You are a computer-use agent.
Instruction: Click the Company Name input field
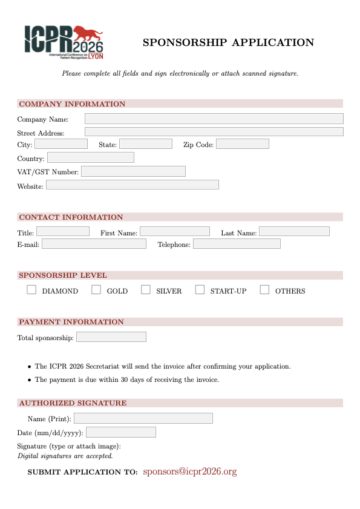(214, 119)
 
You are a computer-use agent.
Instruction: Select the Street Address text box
(214, 131)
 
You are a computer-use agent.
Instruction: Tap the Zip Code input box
(242, 144)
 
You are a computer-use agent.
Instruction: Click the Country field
(90, 157)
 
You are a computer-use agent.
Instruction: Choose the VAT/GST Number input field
(133, 171)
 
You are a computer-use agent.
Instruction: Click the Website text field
(132, 185)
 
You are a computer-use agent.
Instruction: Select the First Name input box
(175, 231)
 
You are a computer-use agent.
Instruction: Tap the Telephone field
(237, 243)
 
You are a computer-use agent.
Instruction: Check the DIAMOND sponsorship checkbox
(31, 290)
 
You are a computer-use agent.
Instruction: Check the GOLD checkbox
(96, 290)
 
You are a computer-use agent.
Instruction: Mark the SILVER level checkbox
(146, 290)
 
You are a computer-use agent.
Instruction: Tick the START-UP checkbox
(200, 290)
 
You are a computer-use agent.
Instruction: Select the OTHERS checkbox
(264, 290)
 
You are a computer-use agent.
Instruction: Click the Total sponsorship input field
(111, 337)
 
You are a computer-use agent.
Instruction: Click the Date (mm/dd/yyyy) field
(121, 432)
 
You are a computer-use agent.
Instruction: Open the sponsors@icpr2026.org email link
(189, 471)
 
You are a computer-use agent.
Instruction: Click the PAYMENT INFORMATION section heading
(71, 322)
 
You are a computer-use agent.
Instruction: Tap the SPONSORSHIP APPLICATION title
(228, 42)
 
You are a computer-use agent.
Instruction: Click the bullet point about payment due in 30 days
(126, 379)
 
